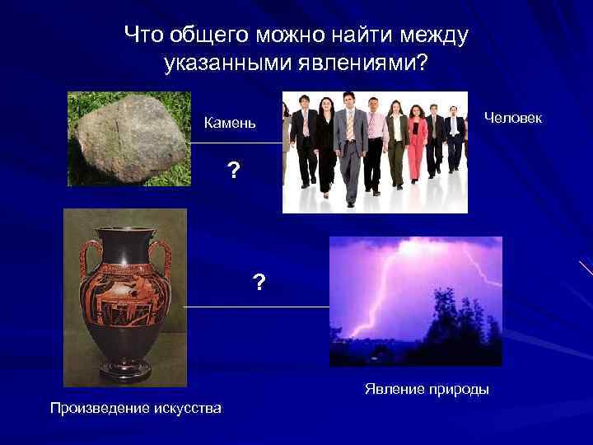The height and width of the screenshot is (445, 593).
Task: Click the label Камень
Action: point(231,124)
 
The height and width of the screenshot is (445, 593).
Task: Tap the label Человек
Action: point(513,118)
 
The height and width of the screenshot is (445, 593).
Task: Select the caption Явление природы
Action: point(427,389)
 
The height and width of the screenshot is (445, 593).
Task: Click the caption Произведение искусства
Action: point(135,408)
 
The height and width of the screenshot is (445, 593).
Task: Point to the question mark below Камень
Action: point(234,171)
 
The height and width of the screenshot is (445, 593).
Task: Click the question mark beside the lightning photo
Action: point(259,283)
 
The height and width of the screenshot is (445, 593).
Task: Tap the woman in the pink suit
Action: point(417,144)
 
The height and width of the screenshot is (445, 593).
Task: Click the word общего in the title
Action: point(205,35)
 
